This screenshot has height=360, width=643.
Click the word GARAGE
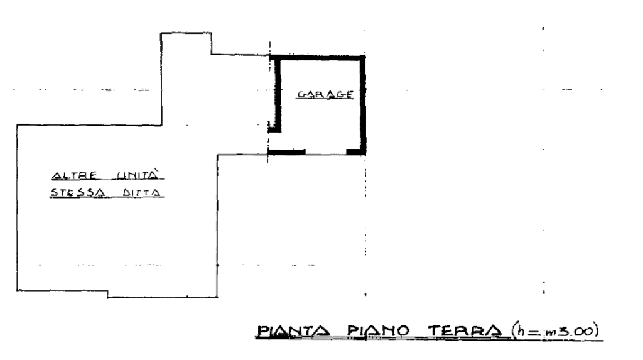pyautogui.click(x=325, y=94)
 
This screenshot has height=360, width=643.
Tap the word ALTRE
pyautogui.click(x=75, y=176)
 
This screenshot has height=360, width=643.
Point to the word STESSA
pyautogui.click(x=77, y=192)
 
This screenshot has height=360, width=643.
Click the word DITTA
pyautogui.click(x=141, y=192)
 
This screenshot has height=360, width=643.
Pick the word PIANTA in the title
pyautogui.click(x=293, y=331)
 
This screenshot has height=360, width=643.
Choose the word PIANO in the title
pyautogui.click(x=378, y=330)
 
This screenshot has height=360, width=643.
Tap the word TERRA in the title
pyautogui.click(x=464, y=330)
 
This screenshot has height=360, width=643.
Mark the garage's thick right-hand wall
pyautogui.click(x=362, y=105)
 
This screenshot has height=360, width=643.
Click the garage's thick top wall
pyautogui.click(x=317, y=58)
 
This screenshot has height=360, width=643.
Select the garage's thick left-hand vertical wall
pyautogui.click(x=278, y=94)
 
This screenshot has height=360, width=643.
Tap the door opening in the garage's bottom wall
pyautogui.click(x=326, y=152)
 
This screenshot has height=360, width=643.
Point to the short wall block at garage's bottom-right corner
pyautogui.click(x=356, y=152)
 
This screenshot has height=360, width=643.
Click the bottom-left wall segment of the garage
pyautogui.click(x=286, y=152)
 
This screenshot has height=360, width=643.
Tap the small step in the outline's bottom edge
pyautogui.click(x=107, y=294)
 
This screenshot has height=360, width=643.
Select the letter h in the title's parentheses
pyautogui.click(x=521, y=330)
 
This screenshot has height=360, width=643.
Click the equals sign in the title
pyautogui.click(x=534, y=332)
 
